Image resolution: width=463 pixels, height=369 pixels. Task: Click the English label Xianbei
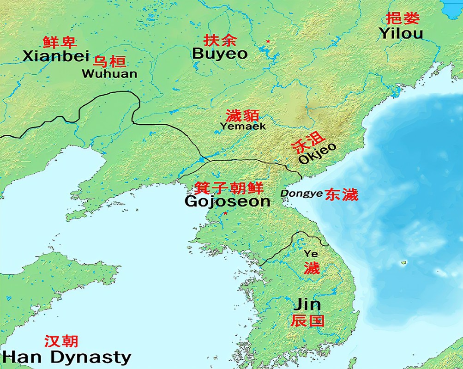pos(55,56)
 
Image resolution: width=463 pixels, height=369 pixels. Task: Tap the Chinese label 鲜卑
pos(60,42)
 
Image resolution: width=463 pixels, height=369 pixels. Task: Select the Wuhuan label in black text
pos(109,73)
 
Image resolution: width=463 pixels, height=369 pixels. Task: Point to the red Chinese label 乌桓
pos(110,61)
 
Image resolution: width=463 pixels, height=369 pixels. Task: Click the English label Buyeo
pos(220,54)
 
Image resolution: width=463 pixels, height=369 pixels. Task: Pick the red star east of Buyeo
pos(268,42)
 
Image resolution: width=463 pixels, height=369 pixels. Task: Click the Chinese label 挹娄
pos(403,18)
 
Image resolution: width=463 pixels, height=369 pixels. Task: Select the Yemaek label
pos(243,125)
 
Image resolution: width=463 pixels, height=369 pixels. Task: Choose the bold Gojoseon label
pos(227,201)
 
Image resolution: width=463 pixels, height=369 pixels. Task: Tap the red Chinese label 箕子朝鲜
pos(228,188)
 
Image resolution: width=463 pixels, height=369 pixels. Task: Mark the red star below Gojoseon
pos(225,213)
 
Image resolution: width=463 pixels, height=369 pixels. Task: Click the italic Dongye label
pos(301,194)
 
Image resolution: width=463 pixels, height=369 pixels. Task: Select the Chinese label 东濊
pos(341,194)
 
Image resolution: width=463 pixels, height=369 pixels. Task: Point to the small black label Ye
pos(311,253)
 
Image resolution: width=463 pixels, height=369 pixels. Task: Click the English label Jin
pos(307,304)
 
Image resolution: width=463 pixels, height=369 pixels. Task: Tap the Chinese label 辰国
pos(307,320)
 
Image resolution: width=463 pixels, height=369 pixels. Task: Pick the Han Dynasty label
pos(66,357)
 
